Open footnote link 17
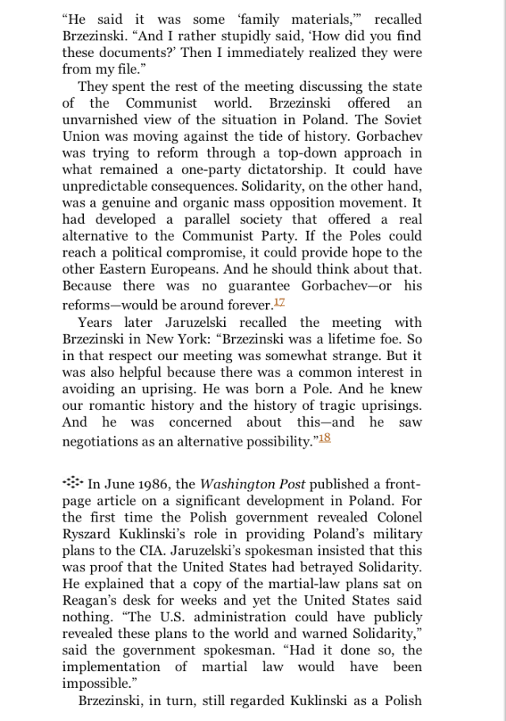279,303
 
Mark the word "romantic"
120,406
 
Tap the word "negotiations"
101,443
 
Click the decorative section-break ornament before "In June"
72,482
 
